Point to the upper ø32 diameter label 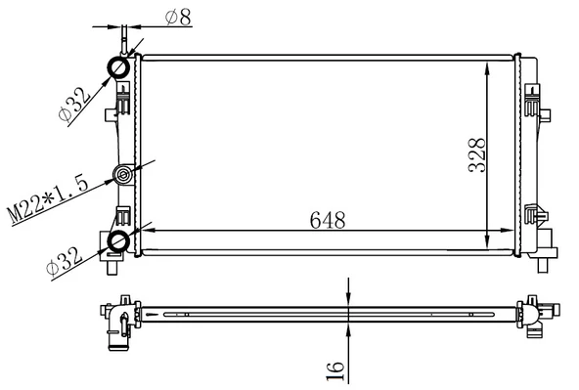click(77, 100)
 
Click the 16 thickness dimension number click(334, 368)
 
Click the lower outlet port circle click(118, 240)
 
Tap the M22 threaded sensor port click(123, 176)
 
